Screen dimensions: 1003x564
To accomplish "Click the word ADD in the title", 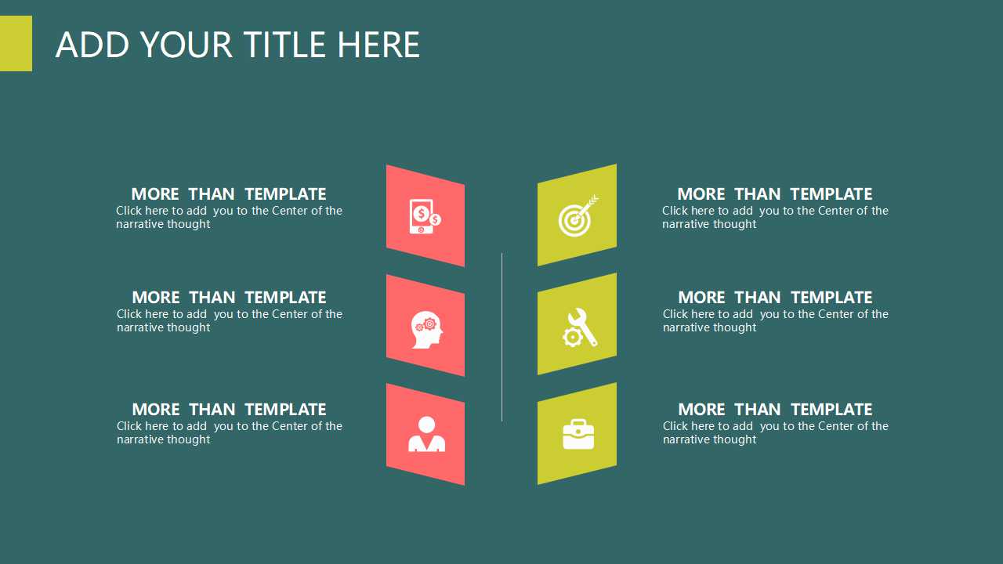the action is tap(92, 45).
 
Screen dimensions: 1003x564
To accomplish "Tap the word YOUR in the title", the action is tap(186, 45).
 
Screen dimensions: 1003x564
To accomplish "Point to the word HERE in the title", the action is tap(378, 45).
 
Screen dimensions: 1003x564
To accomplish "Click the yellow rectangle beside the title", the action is tap(16, 43).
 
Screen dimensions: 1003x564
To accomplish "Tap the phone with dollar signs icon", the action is tap(425, 216).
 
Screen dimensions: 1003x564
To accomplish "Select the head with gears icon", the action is tap(427, 330).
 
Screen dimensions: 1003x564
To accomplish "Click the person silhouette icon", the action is tap(427, 434).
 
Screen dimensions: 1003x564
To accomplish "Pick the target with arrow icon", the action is tap(578, 215).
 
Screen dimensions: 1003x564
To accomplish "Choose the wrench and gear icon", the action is tap(580, 327).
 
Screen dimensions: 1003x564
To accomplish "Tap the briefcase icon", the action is tap(578, 434).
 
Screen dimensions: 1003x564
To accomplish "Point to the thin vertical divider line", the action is tap(502, 337).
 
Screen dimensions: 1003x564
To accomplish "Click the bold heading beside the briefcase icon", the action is tap(775, 409).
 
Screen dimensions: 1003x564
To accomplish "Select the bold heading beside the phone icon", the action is tap(228, 193).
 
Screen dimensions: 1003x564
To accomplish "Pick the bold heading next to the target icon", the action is tap(775, 193).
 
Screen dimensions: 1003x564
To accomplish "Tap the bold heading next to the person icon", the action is tap(229, 409).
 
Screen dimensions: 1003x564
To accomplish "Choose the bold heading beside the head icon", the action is tap(229, 297).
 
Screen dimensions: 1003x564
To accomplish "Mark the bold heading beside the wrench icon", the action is tap(775, 297).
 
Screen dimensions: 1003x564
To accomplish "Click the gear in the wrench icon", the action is tap(572, 337).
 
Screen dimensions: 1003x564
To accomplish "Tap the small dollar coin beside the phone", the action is tap(435, 219).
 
